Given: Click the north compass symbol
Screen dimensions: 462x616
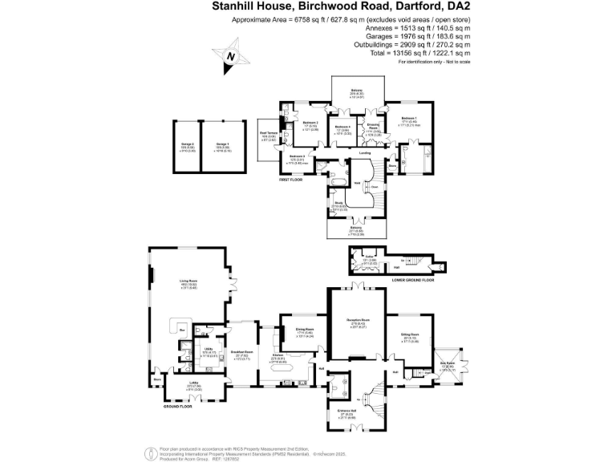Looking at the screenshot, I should point(231,57).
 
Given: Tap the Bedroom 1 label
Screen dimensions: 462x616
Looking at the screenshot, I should point(409,119).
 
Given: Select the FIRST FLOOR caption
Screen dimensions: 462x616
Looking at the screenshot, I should point(293,180).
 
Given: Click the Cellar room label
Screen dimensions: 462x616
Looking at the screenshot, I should point(371,258).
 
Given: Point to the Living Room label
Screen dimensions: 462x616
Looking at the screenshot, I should point(188,281).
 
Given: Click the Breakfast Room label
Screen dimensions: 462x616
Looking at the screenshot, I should point(242,352).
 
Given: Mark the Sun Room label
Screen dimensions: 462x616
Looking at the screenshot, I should point(447,366).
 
